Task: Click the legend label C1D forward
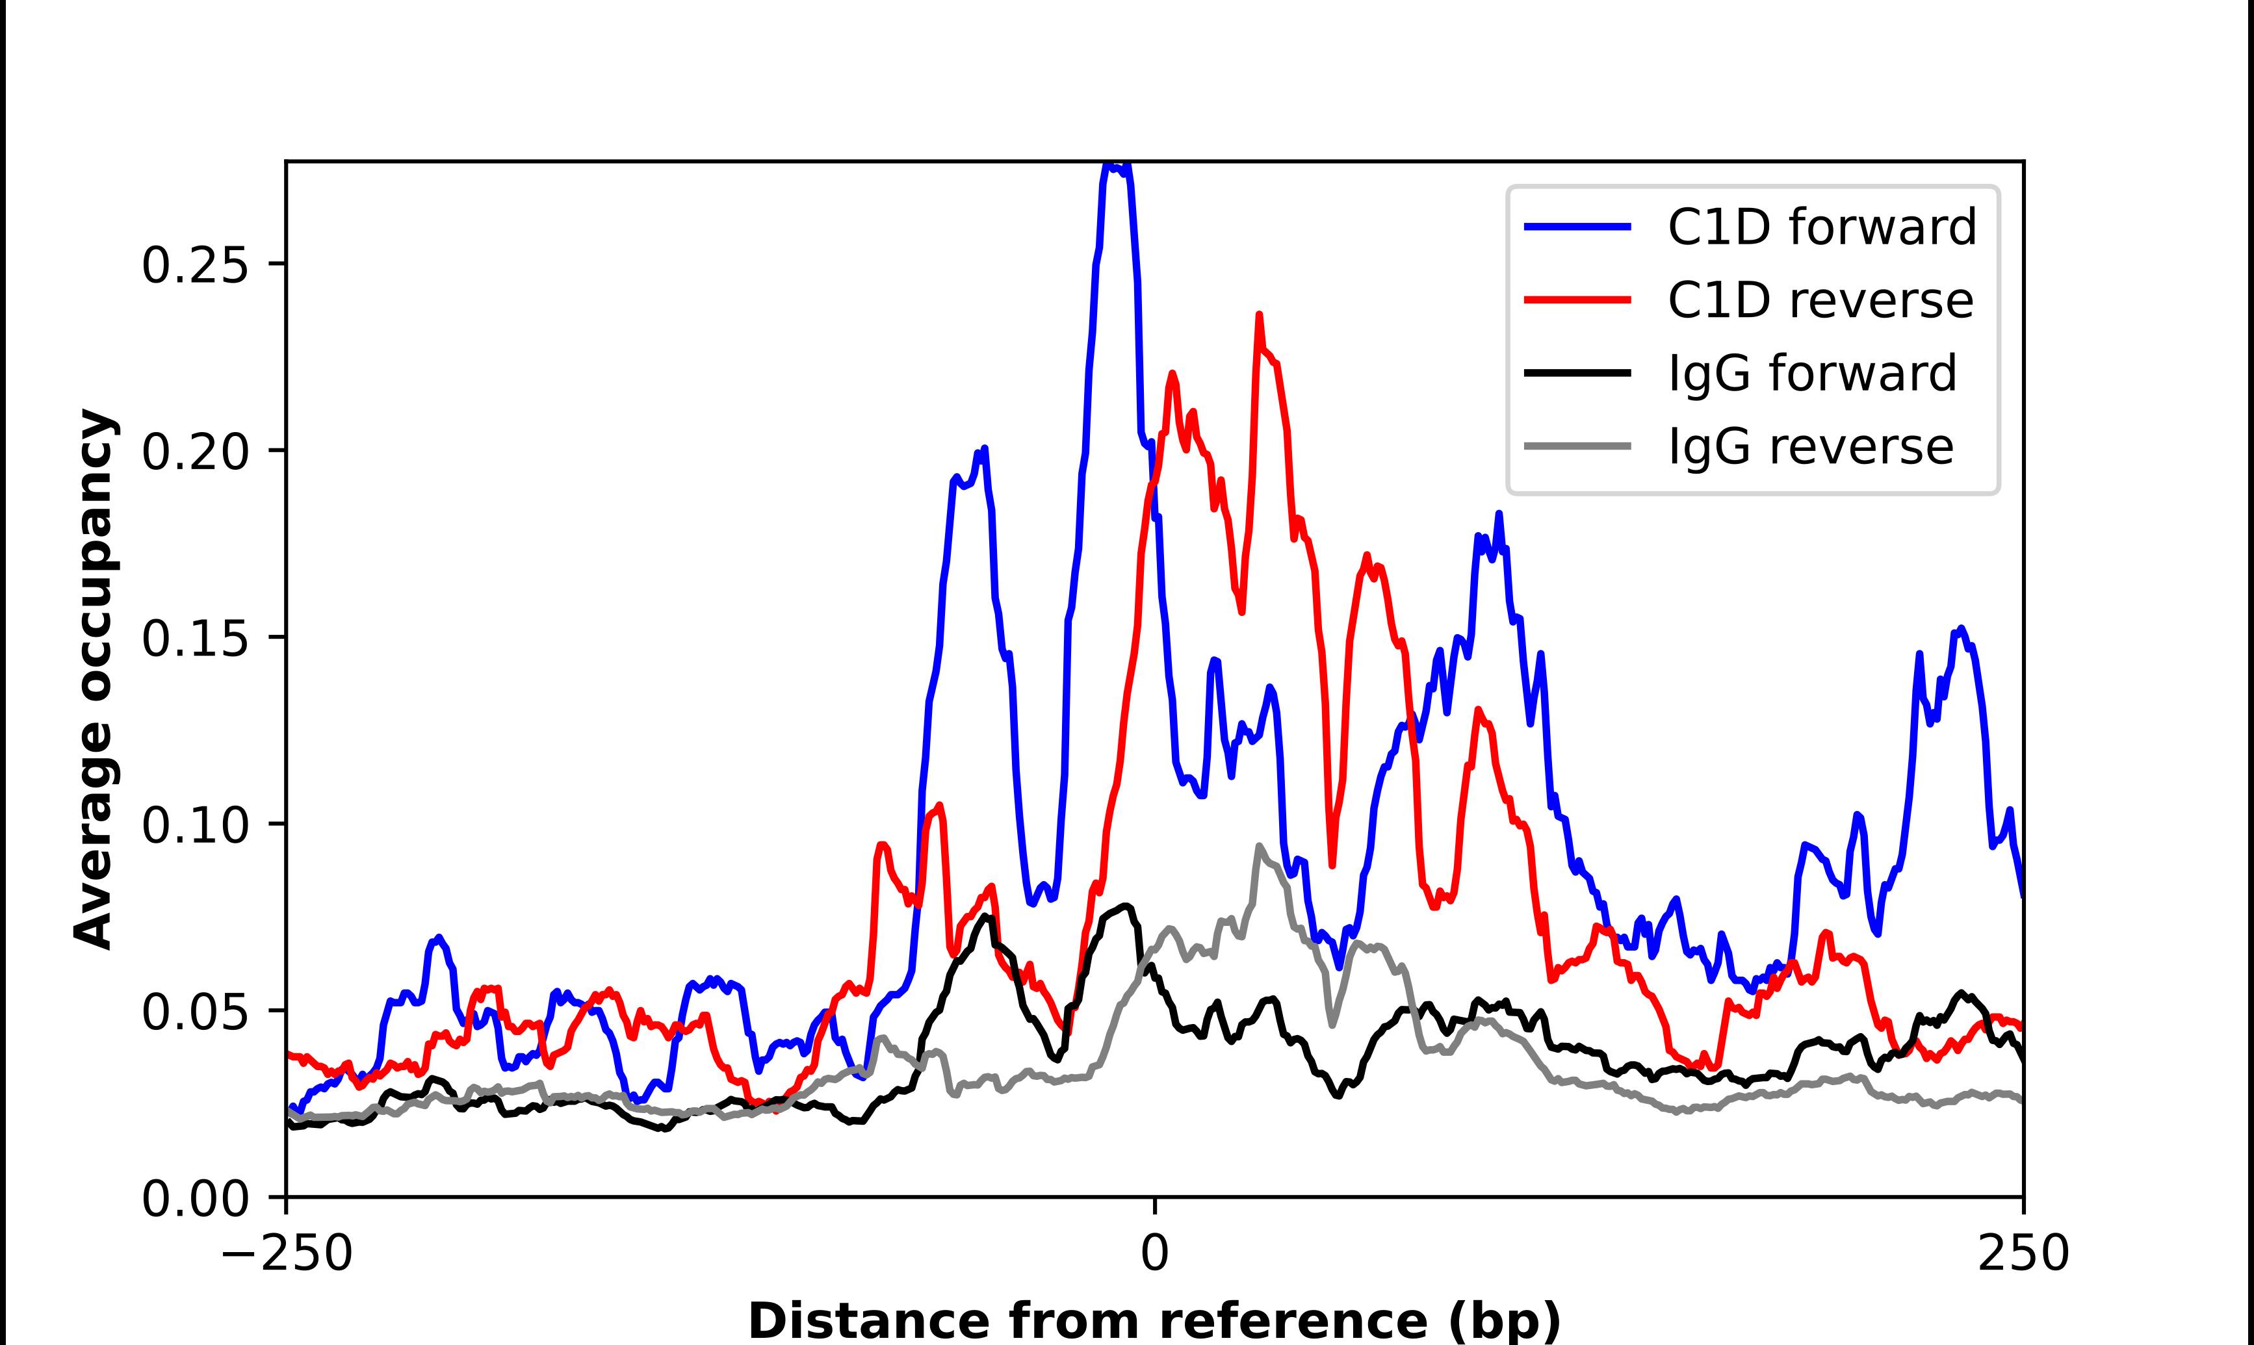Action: tap(1822, 227)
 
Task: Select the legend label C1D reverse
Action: tap(1820, 301)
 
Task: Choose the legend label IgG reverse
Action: tap(1810, 447)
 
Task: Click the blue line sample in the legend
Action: tap(1578, 227)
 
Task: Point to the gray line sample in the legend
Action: tap(1578, 447)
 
